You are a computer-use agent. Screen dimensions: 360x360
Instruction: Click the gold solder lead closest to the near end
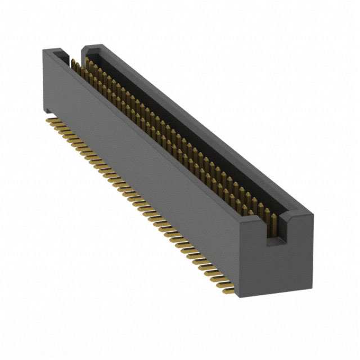[x=225, y=291]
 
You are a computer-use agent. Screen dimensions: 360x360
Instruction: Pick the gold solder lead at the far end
[x=52, y=120]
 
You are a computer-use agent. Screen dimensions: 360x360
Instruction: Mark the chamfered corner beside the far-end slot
[x=85, y=50]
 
